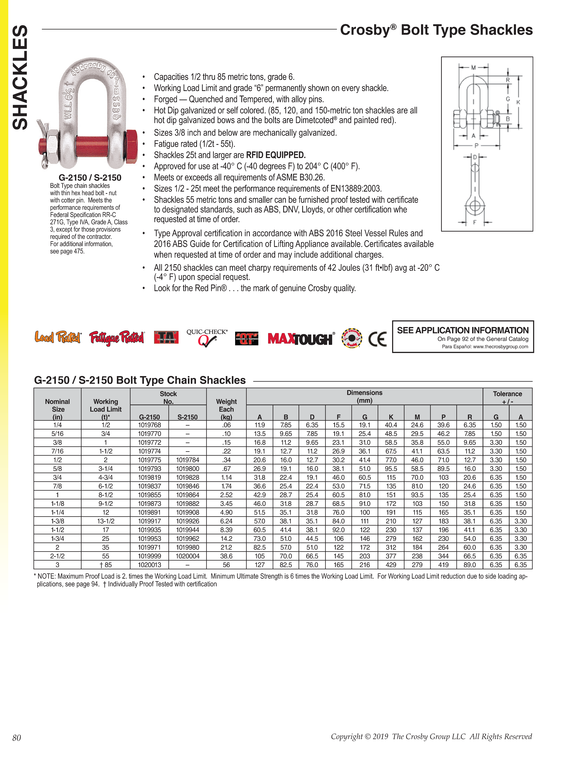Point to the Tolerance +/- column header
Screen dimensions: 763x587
point(507,397)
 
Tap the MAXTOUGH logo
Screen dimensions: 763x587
point(300,339)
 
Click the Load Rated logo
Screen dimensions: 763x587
point(58,337)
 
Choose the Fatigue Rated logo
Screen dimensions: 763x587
point(117,338)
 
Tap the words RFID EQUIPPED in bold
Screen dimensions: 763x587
point(276,155)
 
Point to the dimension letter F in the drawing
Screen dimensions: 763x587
point(474,222)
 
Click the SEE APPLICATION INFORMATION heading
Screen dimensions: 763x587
point(463,330)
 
